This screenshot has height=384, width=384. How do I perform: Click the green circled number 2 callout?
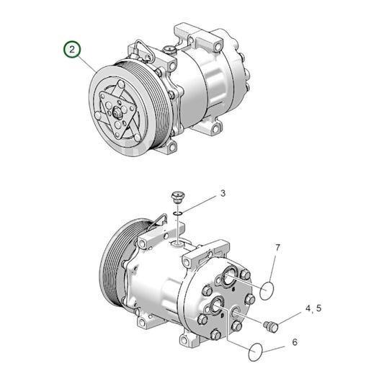coord(72,50)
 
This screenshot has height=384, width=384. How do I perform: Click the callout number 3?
coord(223,193)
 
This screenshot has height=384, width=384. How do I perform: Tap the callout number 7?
coord(277,248)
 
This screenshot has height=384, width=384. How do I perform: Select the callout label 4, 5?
coord(313,308)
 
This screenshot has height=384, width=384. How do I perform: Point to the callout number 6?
coord(295,342)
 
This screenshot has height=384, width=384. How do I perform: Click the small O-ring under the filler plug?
coord(177,214)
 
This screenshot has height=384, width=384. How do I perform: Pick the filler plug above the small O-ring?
coord(177,197)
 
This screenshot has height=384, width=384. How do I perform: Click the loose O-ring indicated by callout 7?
coord(267,290)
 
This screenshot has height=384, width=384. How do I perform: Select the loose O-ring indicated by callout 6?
coord(256,352)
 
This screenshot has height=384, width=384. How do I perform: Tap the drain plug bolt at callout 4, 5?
coord(272,326)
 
